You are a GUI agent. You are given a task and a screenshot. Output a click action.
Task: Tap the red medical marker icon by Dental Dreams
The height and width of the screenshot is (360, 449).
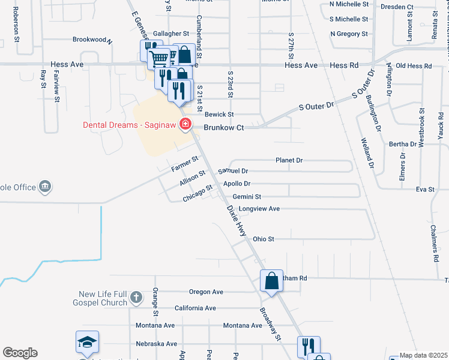click(x=185, y=124)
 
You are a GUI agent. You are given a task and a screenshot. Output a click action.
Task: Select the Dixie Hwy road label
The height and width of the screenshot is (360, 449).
click(x=237, y=220)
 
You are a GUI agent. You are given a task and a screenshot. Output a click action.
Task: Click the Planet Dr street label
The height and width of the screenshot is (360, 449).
click(x=289, y=161)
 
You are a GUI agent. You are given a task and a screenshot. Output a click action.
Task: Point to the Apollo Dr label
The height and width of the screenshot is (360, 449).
click(x=237, y=184)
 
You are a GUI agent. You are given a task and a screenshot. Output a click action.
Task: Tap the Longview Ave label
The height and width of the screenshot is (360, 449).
click(x=259, y=209)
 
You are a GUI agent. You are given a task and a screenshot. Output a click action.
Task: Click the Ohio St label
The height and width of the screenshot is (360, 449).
click(x=263, y=239)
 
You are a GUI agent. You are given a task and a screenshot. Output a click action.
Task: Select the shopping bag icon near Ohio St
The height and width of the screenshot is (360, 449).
click(x=271, y=281)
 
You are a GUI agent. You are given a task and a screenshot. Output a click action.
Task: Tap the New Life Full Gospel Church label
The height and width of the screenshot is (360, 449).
click(x=103, y=298)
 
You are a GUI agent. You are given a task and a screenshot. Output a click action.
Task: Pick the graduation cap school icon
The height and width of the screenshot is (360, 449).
click(x=86, y=343)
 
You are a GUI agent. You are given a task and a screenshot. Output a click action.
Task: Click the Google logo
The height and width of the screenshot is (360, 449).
click(x=20, y=353)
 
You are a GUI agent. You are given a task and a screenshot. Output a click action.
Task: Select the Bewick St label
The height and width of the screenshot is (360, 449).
click(x=219, y=114)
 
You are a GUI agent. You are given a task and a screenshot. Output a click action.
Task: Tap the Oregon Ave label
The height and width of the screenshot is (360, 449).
click(x=206, y=292)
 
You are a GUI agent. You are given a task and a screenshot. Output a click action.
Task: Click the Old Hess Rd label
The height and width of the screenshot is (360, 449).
click(x=414, y=65)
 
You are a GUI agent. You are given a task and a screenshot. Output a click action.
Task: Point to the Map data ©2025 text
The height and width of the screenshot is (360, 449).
click(x=423, y=355)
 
